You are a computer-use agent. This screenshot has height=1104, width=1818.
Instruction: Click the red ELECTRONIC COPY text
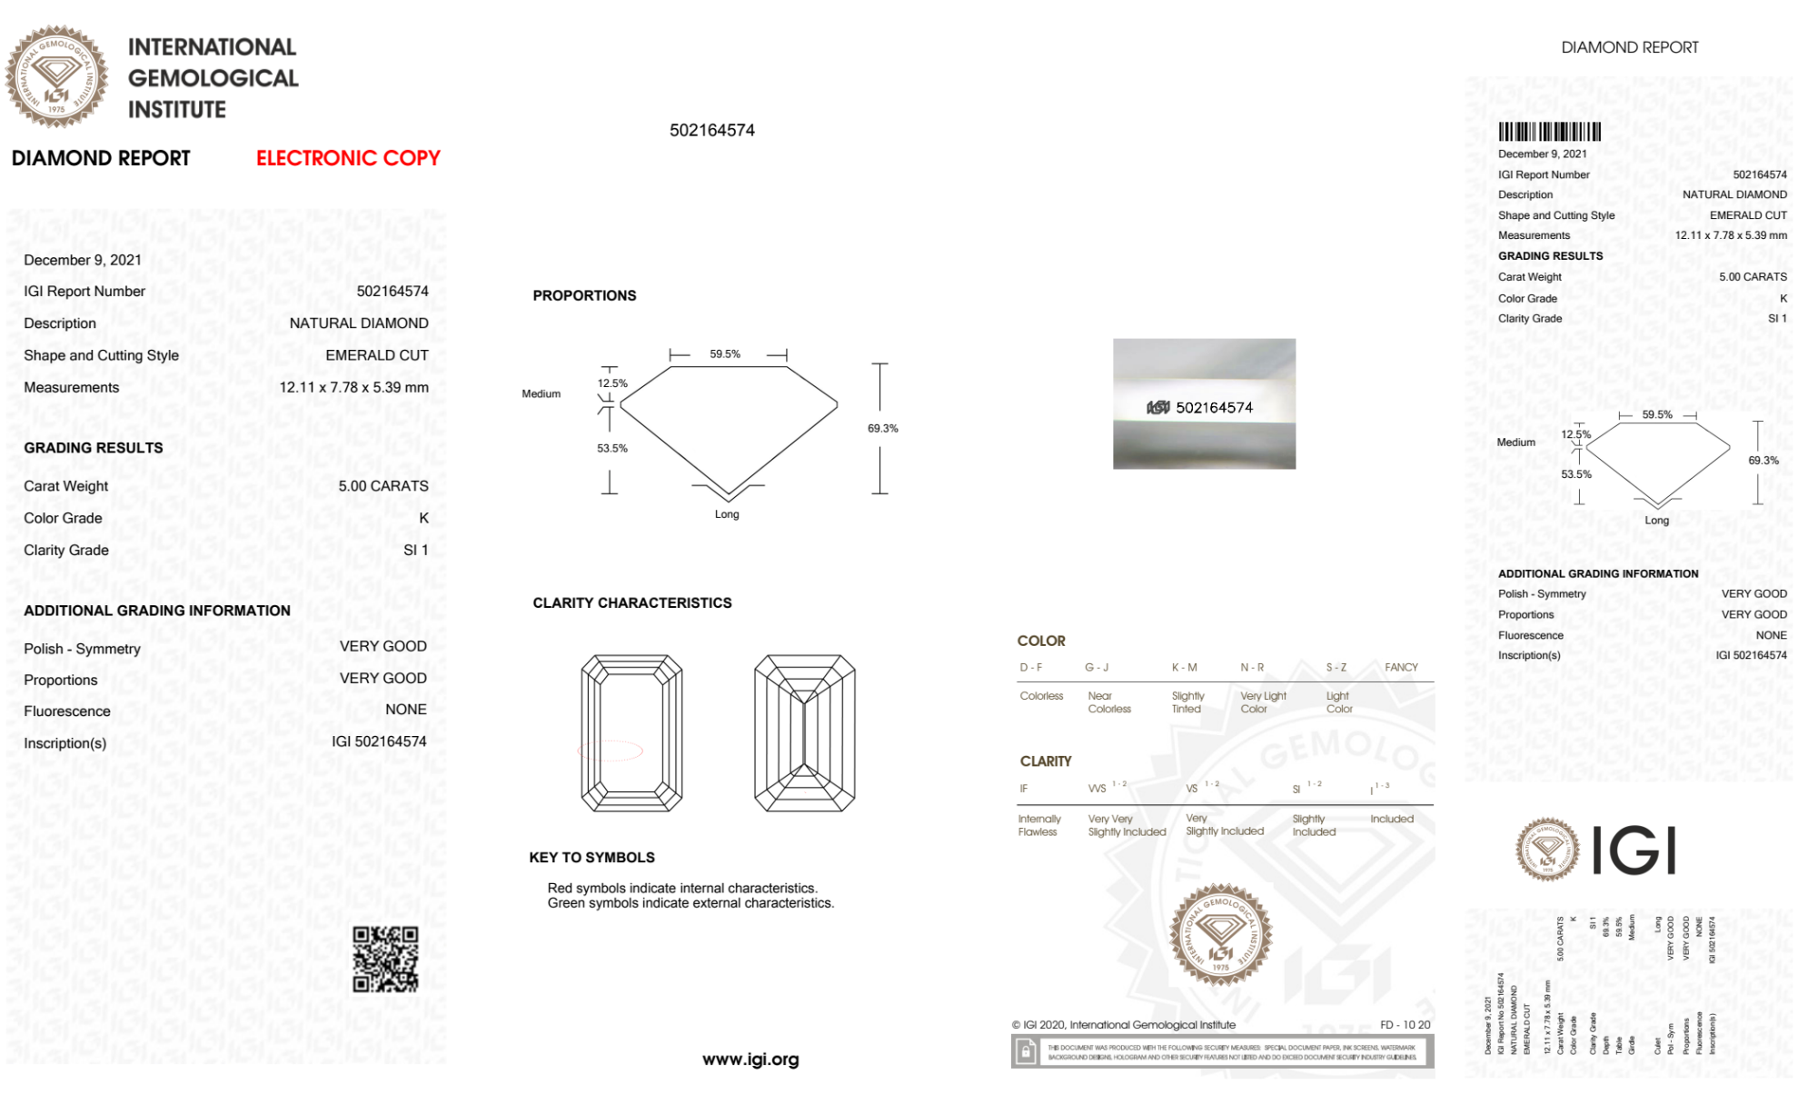(x=348, y=158)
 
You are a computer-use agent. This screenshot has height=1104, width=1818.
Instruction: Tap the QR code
(x=385, y=959)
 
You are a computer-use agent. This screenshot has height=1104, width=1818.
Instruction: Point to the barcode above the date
(x=1549, y=132)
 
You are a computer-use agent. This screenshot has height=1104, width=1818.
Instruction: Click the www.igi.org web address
(x=750, y=1059)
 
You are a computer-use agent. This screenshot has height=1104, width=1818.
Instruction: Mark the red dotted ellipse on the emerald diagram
(x=611, y=751)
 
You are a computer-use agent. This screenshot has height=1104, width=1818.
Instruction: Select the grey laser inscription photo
(x=1204, y=403)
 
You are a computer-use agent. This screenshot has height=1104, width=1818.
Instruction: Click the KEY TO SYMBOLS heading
(x=591, y=858)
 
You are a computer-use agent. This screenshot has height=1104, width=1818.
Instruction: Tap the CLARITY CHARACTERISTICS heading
(x=631, y=603)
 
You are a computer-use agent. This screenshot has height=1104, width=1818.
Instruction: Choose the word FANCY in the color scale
(x=1401, y=667)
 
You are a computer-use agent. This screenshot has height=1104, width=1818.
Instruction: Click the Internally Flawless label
(x=1038, y=825)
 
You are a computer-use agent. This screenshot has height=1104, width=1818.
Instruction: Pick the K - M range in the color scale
(x=1184, y=667)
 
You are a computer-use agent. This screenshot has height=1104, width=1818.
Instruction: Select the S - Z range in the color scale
(x=1336, y=667)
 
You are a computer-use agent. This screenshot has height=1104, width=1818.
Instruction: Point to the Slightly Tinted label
(x=1187, y=702)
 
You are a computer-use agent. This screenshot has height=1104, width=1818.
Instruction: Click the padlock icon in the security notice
(x=1026, y=1052)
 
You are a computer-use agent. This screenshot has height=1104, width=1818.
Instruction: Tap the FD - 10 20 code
(x=1405, y=1025)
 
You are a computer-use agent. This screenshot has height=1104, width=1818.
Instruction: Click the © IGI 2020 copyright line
(x=1124, y=1025)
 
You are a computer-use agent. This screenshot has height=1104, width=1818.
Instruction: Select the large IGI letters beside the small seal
(x=1634, y=851)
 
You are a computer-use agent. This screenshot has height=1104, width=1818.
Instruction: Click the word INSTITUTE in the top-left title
(x=177, y=110)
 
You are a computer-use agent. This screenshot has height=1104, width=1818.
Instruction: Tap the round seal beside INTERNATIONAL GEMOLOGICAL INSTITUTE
(x=56, y=76)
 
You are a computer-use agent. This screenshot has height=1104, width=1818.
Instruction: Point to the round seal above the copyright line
(x=1220, y=934)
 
